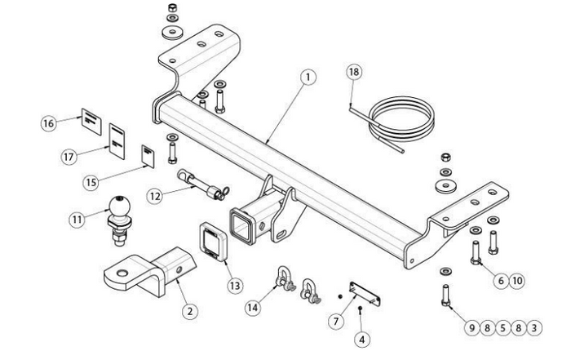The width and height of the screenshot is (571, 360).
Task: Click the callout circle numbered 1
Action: tap(308, 78)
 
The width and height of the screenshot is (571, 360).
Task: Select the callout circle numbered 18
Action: tap(353, 72)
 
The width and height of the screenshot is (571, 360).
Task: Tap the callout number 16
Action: tap(48, 123)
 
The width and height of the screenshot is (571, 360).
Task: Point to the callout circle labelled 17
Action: tap(69, 157)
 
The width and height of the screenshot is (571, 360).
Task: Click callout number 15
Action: tap(91, 182)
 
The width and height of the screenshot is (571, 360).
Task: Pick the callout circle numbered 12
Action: tap(155, 197)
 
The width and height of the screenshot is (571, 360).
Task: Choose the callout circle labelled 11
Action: tap(77, 220)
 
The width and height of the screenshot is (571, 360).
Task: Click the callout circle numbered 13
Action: tap(235, 286)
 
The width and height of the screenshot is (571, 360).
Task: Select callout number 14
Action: tap(253, 308)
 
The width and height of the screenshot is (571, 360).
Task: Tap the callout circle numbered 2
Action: tap(190, 312)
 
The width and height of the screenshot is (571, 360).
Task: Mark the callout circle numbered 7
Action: tap(336, 322)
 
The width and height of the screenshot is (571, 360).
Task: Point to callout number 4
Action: tap(361, 340)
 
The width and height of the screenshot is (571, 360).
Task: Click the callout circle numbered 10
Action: tap(517, 281)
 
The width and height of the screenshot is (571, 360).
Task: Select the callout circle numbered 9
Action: tap(472, 328)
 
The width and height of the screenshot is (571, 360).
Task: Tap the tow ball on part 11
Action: tap(120, 207)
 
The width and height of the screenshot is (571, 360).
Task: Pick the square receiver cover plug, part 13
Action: tap(214, 242)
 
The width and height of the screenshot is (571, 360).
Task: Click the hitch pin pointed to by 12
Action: tap(202, 184)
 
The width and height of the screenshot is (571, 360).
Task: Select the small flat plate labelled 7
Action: tap(365, 294)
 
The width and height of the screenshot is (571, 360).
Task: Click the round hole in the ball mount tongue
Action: tap(122, 273)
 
